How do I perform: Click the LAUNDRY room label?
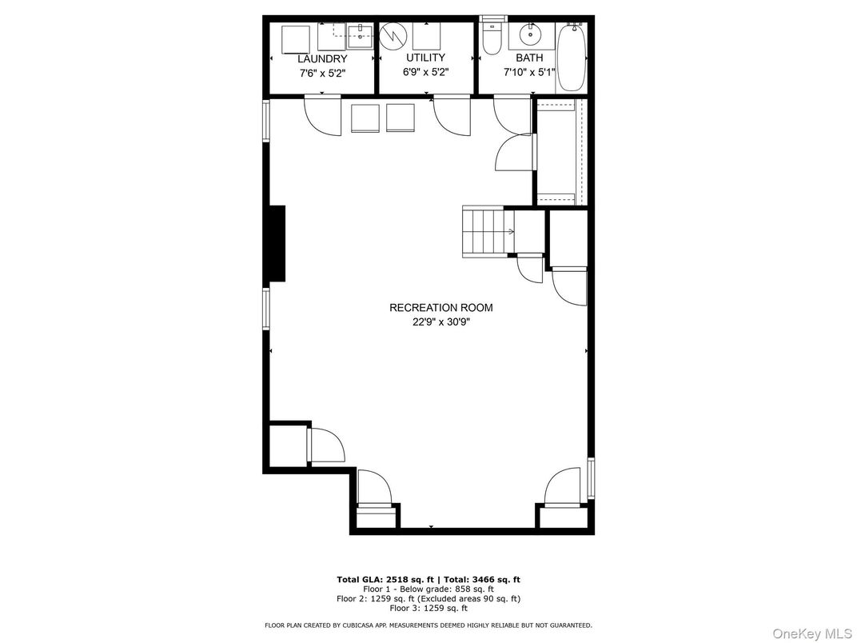[x=322, y=59]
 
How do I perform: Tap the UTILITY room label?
[x=425, y=58]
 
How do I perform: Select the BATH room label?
[x=528, y=58]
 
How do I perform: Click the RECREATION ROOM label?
[x=440, y=308]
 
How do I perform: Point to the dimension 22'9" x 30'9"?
[x=440, y=322]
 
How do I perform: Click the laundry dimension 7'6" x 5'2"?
[x=322, y=73]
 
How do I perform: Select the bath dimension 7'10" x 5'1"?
[x=528, y=72]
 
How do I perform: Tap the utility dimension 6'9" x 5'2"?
[x=425, y=72]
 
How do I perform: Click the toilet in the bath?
[x=492, y=38]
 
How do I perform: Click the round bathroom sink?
[x=529, y=35]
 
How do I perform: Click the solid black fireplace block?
[x=277, y=243]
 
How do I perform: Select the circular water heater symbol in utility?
[x=393, y=36]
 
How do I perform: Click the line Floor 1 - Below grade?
[x=428, y=589]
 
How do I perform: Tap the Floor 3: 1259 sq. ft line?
[x=428, y=608]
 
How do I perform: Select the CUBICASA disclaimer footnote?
[x=428, y=625]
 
